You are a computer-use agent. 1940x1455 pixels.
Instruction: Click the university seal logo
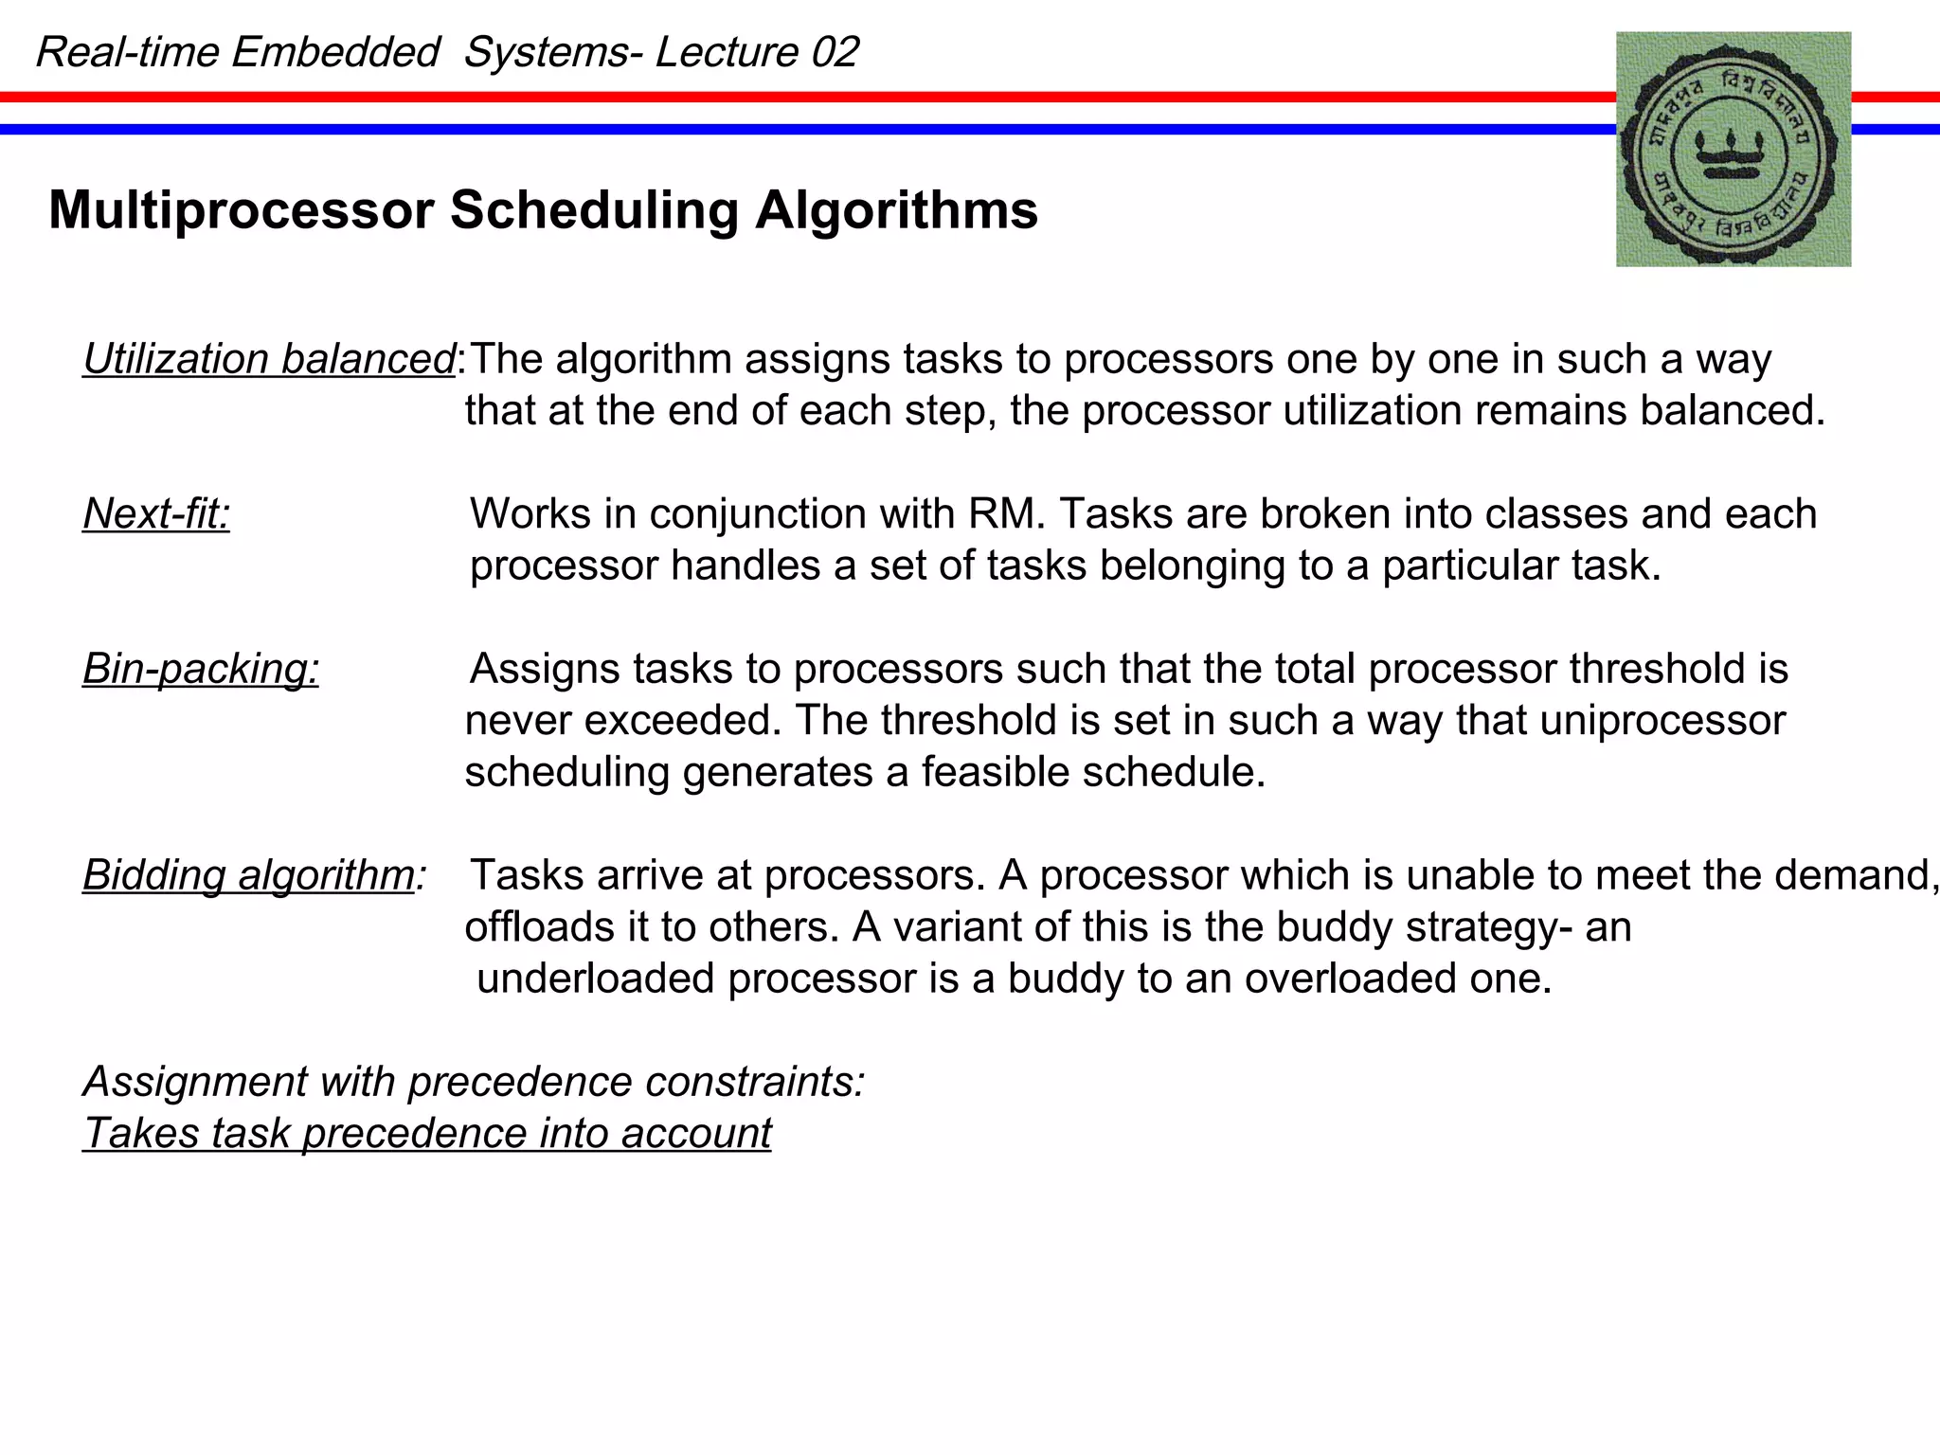click(1733, 149)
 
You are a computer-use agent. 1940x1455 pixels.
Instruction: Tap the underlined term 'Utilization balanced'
click(269, 360)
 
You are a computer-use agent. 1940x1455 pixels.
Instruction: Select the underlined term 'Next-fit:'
click(156, 514)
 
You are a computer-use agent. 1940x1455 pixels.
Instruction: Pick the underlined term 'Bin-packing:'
click(201, 669)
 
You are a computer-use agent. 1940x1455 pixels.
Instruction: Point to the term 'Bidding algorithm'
click(248, 875)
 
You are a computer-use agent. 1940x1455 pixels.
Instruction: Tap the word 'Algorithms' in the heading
click(896, 210)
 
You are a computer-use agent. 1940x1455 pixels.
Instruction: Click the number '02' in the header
click(835, 52)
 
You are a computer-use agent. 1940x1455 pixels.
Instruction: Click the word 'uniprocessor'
click(1662, 721)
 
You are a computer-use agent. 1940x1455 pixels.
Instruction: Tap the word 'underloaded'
click(595, 979)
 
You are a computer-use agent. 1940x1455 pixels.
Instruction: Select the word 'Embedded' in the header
click(335, 52)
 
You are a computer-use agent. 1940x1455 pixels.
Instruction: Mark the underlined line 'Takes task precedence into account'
click(427, 1134)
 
